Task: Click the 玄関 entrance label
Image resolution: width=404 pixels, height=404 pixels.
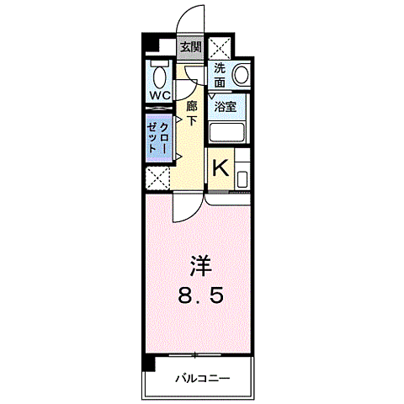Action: point(190,47)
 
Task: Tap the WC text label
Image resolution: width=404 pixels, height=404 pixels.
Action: point(160,95)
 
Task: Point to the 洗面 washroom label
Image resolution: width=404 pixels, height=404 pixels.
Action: point(220,76)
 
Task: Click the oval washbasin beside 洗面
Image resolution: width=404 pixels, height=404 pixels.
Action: point(242,75)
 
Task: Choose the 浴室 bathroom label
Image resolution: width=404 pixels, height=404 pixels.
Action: point(225,107)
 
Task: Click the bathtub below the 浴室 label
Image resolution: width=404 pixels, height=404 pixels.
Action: point(225,132)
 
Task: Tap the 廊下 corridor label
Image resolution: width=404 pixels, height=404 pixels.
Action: point(192,114)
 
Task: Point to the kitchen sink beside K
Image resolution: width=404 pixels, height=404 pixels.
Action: point(242,178)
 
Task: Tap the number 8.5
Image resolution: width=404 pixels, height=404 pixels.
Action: point(199,297)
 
